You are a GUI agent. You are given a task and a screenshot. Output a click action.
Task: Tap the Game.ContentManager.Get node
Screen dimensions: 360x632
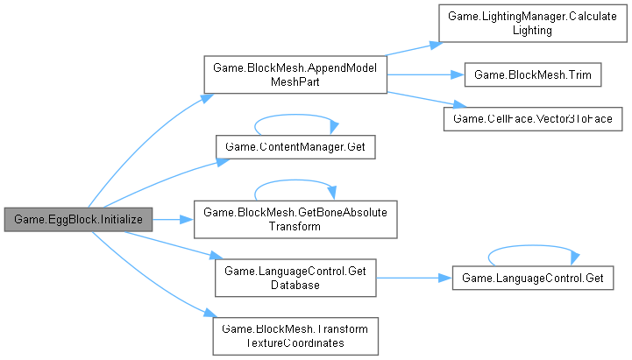295,147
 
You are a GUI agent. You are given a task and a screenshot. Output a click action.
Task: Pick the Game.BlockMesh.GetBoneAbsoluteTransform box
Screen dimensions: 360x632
295,219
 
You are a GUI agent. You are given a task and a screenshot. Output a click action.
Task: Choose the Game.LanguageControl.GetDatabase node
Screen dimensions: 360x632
295,279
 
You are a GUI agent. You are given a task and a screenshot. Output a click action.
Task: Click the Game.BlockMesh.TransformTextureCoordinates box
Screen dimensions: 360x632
295,337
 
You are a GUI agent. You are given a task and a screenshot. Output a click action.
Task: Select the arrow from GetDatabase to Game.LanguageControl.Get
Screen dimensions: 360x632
412,279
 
